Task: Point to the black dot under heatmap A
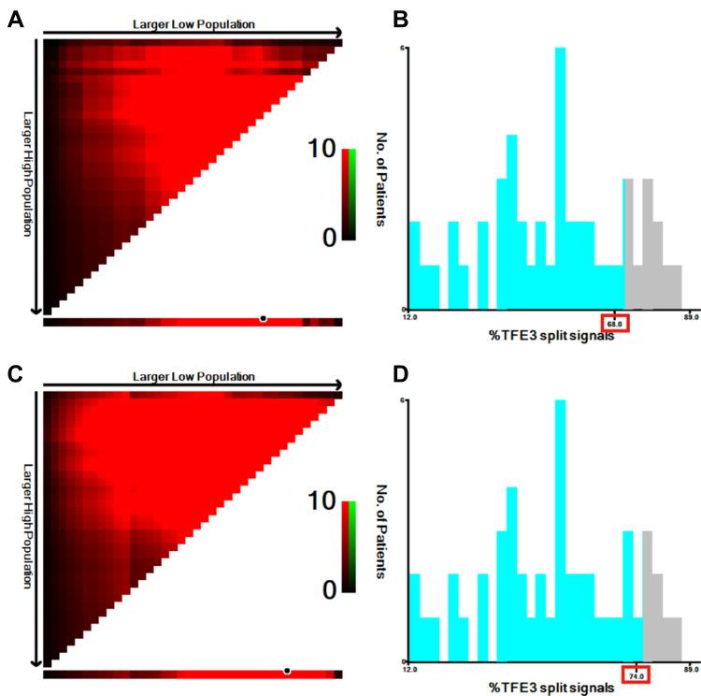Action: point(263,320)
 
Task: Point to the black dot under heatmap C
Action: point(287,671)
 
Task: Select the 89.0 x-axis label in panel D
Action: point(691,670)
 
